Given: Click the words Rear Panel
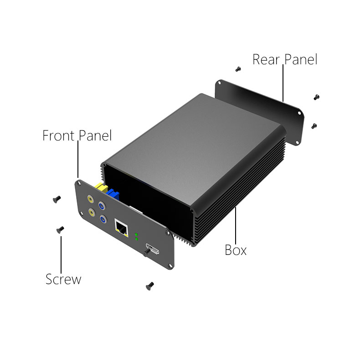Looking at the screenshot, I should tap(285, 59).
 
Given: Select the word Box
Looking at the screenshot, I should tap(236, 250).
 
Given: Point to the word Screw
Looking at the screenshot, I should tap(63, 279).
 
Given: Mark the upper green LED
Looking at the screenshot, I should tap(136, 235).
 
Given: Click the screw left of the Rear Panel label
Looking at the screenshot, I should tap(238, 69).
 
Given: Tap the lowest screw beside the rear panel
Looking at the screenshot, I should tap(314, 125).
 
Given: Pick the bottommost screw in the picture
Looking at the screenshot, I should tap(149, 285).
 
